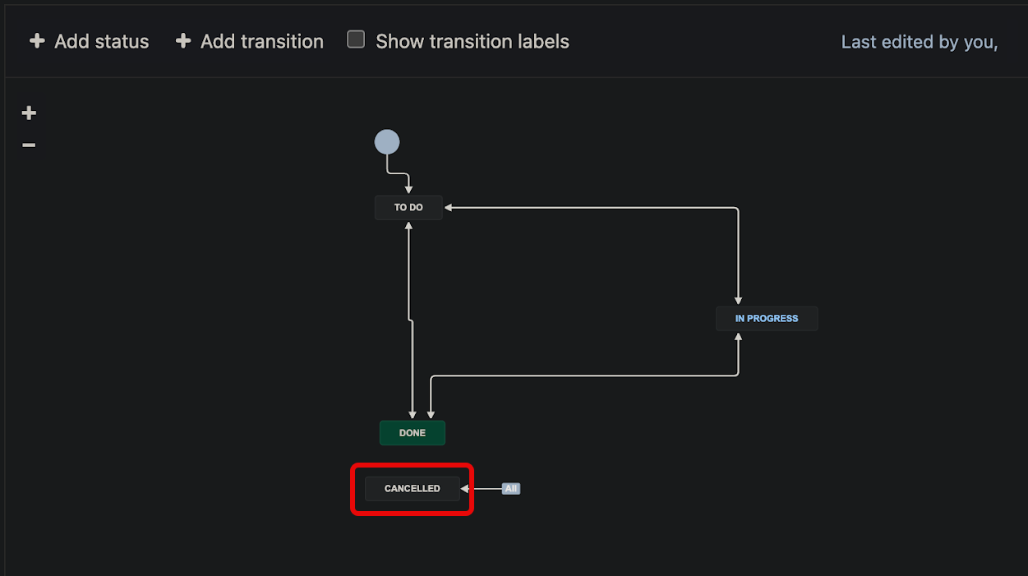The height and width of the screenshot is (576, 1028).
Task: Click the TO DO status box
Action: click(408, 207)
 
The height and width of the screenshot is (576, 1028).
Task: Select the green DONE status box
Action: click(413, 433)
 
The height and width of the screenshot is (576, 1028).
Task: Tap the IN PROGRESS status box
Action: click(767, 319)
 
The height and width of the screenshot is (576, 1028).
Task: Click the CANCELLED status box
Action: click(413, 488)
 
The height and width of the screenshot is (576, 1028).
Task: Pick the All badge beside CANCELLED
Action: click(511, 488)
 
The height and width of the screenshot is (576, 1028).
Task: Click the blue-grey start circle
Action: click(387, 142)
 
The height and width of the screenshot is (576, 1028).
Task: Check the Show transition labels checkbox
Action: click(356, 39)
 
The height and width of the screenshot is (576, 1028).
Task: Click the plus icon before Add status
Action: click(37, 41)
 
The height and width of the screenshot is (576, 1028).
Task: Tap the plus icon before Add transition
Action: click(183, 41)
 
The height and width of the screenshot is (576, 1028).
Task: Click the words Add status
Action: click(101, 42)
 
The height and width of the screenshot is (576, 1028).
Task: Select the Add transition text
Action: click(262, 42)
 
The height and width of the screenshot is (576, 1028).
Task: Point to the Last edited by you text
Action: click(920, 42)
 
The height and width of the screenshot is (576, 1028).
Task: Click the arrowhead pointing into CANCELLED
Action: click(464, 489)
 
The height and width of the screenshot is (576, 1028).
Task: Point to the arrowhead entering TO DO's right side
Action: click(449, 207)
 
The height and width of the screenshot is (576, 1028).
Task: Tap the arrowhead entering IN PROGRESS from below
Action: click(738, 337)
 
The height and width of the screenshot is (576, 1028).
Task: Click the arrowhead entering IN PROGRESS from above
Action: click(738, 301)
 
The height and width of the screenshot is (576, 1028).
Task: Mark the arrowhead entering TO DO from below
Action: click(408, 226)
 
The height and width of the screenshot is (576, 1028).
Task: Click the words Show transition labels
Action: click(473, 42)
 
